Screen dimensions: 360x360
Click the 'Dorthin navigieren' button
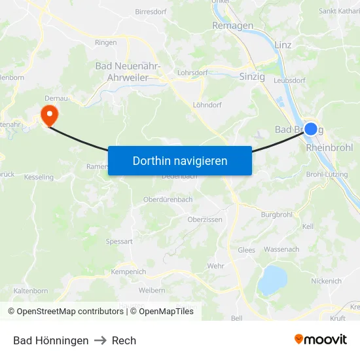pyautogui.click(x=180, y=160)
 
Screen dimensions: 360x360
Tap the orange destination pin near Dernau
pyautogui.click(x=49, y=115)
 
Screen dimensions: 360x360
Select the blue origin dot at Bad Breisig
pyautogui.click(x=311, y=129)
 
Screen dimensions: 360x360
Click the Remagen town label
pyautogui.click(x=232, y=26)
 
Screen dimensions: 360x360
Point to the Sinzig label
pyautogui.click(x=252, y=77)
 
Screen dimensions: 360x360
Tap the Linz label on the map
pyautogui.click(x=283, y=45)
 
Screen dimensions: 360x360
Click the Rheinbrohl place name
pyautogui.click(x=329, y=148)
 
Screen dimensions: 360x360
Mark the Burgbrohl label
pyautogui.click(x=276, y=214)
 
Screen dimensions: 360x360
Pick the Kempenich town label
pyautogui.click(x=128, y=272)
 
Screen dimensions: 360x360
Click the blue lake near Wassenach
pyautogui.click(x=272, y=280)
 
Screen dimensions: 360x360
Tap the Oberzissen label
pyautogui.click(x=205, y=220)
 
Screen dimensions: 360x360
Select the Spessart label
pyautogui.click(x=119, y=242)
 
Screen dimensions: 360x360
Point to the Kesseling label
pyautogui.click(x=39, y=177)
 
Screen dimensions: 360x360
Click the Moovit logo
pyautogui.click(x=321, y=340)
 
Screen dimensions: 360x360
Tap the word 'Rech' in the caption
pyautogui.click(x=124, y=340)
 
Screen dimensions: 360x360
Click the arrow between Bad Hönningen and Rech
pyautogui.click(x=100, y=340)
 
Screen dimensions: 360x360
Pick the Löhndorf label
pyautogui.click(x=207, y=105)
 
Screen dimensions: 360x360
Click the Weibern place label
pyautogui.click(x=152, y=290)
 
